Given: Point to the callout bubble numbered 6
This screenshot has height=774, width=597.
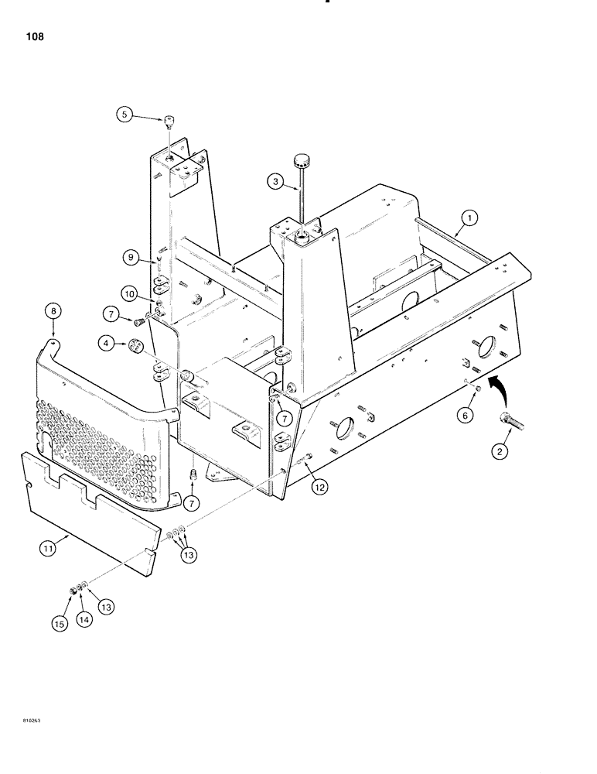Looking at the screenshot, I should [464, 416].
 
